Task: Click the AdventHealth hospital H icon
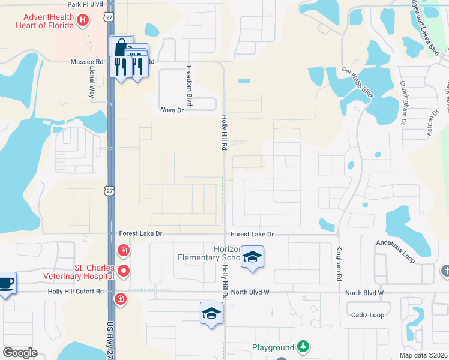click(83, 22)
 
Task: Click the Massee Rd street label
click(86, 62)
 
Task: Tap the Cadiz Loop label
click(368, 315)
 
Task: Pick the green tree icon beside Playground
click(304, 347)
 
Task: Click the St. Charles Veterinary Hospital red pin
click(124, 271)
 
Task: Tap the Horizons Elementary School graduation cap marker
click(252, 258)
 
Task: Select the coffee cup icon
click(6, 282)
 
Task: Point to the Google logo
click(20, 353)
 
